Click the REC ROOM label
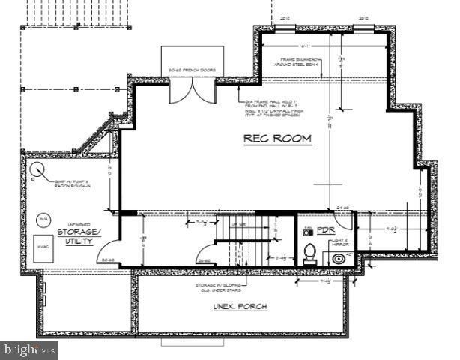pos(276,138)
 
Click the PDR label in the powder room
pos(324,230)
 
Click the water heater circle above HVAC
pos(43,219)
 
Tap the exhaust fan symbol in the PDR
pos(307,232)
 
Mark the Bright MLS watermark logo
pos(30,349)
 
